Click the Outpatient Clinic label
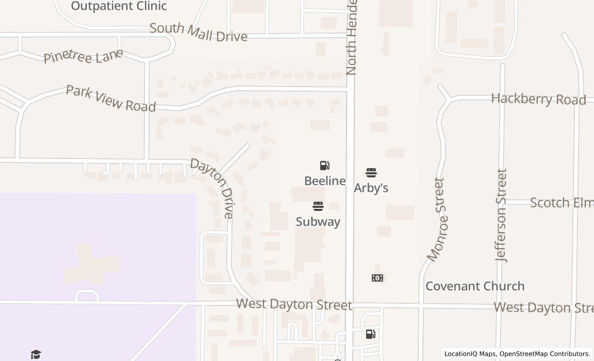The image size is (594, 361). click(x=119, y=6)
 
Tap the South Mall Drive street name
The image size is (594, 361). click(x=199, y=32)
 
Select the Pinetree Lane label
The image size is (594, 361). click(x=83, y=56)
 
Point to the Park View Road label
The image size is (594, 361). click(x=111, y=98)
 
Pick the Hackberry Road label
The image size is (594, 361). click(x=538, y=99)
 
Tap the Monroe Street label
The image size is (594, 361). click(x=436, y=219)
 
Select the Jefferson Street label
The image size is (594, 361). click(x=501, y=215)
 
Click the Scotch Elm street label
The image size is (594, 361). click(x=562, y=203)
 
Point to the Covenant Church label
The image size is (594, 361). click(x=475, y=286)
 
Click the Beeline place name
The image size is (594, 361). click(x=325, y=181)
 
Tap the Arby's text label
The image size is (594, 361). click(x=371, y=188)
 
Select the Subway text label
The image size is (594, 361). click(x=318, y=222)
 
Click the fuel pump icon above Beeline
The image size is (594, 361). click(x=325, y=166)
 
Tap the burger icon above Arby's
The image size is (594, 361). click(x=371, y=172)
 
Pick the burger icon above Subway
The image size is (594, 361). click(x=318, y=206)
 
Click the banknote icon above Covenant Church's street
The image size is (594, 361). click(x=377, y=278)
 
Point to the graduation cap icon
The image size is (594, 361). click(x=36, y=354)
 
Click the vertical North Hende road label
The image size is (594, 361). click(x=352, y=37)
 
